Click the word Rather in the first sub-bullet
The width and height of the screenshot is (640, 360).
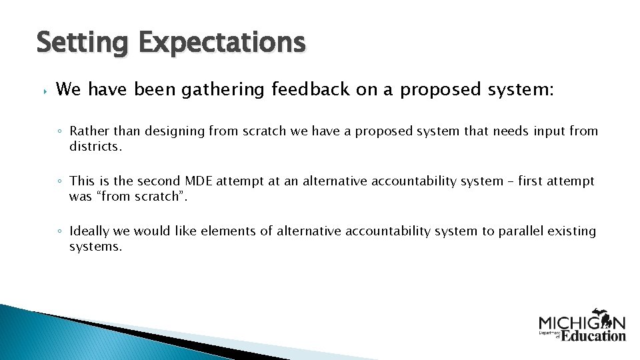[88, 131]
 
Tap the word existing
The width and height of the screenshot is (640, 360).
[571, 231]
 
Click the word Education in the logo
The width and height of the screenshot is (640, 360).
[593, 335]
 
